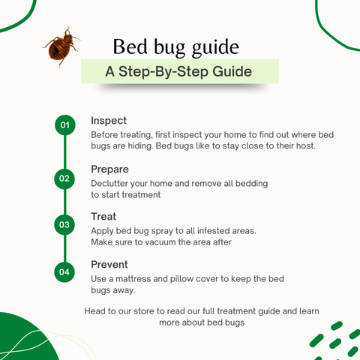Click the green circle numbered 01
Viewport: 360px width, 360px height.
(x=64, y=126)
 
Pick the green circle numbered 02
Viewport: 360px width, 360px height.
(x=64, y=178)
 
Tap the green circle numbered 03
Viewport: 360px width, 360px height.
(x=64, y=224)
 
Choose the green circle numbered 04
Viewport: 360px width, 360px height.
(x=64, y=271)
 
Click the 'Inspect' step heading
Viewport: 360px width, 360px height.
(x=109, y=121)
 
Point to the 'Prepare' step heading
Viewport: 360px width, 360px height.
(x=110, y=169)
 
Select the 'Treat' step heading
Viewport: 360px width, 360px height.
(x=103, y=217)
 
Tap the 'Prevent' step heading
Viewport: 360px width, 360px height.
(x=109, y=264)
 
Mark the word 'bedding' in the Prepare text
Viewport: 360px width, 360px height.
(x=250, y=183)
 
